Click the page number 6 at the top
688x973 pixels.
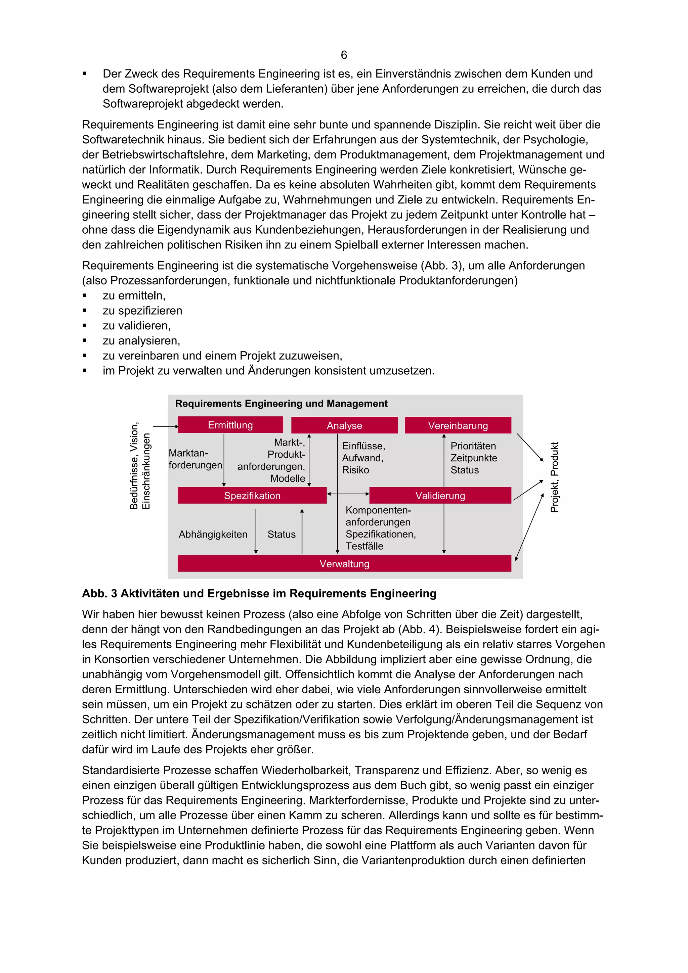pyautogui.click(x=344, y=55)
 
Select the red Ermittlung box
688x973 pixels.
pyautogui.click(x=230, y=425)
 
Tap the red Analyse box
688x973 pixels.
pyautogui.click(x=344, y=425)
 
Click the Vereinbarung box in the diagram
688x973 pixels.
pyautogui.click(x=458, y=425)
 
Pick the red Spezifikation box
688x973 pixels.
pyautogui.click(x=252, y=496)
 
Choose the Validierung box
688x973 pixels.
pyautogui.click(x=440, y=496)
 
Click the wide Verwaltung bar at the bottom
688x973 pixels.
pyautogui.click(x=344, y=564)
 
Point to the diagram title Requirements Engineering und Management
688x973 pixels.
pyautogui.click(x=281, y=404)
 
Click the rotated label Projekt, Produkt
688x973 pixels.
pyautogui.click(x=555, y=477)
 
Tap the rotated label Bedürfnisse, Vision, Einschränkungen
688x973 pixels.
pyautogui.click(x=140, y=466)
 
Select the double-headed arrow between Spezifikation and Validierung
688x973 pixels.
pyautogui.click(x=348, y=494)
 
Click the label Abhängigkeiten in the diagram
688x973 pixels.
pyautogui.click(x=213, y=535)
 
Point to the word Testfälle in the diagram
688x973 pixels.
pyautogui.click(x=364, y=546)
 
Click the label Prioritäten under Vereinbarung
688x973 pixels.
pyautogui.click(x=473, y=446)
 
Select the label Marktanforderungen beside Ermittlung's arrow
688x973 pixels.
pyautogui.click(x=195, y=459)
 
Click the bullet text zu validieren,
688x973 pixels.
pyautogui.click(x=136, y=325)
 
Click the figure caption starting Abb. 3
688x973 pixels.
pyautogui.click(x=259, y=593)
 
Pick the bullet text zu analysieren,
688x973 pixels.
pyautogui.click(x=141, y=341)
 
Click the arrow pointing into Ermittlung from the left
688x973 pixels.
pyautogui.click(x=165, y=426)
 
